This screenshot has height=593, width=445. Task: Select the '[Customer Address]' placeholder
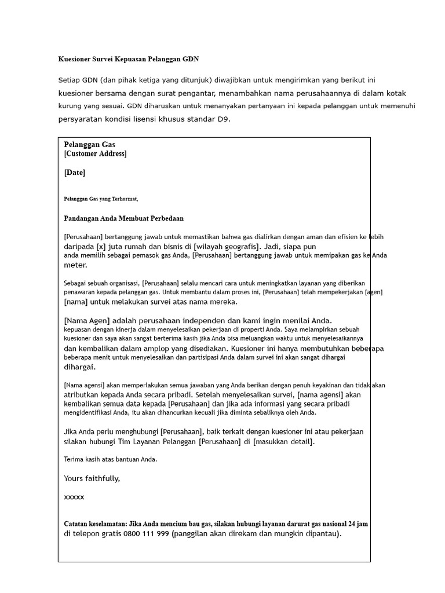tap(95, 154)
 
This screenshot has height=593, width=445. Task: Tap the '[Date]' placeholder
tap(75, 173)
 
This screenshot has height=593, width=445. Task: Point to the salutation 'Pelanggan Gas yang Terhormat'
tap(101, 199)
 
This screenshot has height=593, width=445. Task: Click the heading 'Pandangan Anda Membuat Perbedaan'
tap(123, 218)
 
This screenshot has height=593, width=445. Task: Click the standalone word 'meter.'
tap(75, 265)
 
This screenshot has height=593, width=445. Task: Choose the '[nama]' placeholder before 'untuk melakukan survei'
tap(78, 302)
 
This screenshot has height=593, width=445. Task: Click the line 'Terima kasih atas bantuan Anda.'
tap(110, 459)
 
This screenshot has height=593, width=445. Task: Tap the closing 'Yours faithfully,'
tap(92, 478)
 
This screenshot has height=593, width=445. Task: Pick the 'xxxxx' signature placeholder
tap(74, 497)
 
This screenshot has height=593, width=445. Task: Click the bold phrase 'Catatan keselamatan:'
tap(95, 524)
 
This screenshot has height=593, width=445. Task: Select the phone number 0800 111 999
tap(147, 534)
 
